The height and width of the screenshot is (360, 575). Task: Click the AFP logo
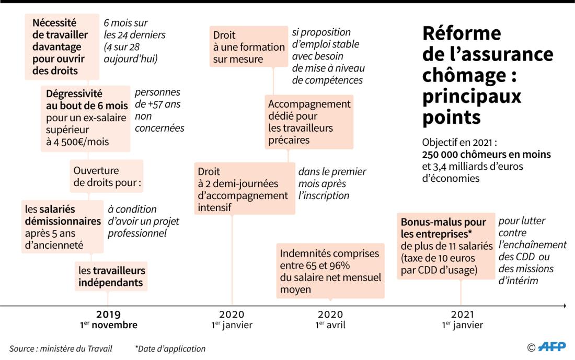[552, 346]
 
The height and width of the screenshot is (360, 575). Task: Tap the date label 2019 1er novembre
[109, 320]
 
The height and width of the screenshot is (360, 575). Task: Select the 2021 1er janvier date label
[463, 320]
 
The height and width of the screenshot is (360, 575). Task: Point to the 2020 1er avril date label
[330, 320]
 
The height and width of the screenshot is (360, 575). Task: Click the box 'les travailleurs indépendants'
[111, 276]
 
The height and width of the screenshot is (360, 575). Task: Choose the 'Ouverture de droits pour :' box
[107, 176]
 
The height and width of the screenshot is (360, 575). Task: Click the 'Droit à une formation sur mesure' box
[249, 47]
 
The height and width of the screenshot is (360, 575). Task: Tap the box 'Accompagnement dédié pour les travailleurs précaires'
[309, 122]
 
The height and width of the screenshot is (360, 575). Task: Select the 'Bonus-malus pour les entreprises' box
[446, 246]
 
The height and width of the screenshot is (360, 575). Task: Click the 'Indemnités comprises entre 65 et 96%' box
[330, 271]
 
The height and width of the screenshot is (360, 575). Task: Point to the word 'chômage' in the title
[465, 76]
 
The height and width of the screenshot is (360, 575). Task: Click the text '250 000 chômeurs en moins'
[486, 154]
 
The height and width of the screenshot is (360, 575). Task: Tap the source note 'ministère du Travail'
[76, 349]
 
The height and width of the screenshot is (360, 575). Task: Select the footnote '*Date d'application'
[170, 349]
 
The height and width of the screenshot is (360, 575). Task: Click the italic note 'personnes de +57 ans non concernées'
[159, 110]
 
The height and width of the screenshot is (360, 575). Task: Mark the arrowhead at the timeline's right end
[565, 306]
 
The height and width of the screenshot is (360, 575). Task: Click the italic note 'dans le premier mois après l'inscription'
[332, 183]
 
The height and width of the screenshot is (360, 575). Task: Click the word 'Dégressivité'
[74, 94]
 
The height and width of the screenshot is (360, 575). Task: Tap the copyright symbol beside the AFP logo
[532, 347]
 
